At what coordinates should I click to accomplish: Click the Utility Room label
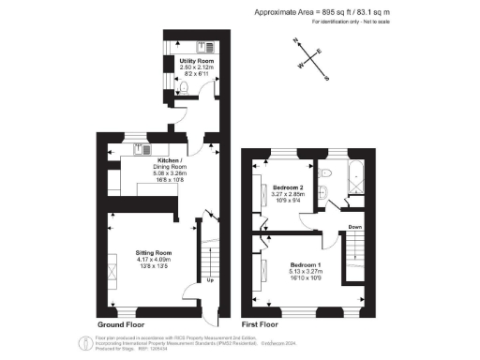click(x=198, y=61)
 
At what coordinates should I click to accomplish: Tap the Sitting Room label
click(x=154, y=253)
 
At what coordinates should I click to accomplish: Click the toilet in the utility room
click(x=186, y=88)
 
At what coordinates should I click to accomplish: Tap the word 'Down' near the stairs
click(x=355, y=227)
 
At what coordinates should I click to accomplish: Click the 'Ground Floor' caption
click(x=121, y=325)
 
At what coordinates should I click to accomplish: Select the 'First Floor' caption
click(x=262, y=325)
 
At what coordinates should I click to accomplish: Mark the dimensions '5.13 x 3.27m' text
click(x=307, y=272)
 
